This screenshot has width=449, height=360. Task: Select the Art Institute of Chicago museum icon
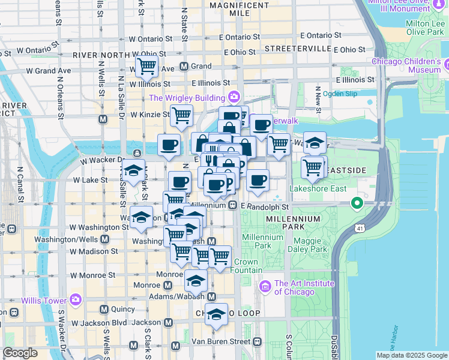point(265,287)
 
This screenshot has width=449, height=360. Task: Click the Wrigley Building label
point(187,98)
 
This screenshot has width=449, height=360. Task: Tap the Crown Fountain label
point(246,266)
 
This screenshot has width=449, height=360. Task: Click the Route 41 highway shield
point(359,229)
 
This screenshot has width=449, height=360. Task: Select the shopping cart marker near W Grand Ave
point(146,67)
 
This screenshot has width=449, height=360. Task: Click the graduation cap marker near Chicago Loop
point(216,314)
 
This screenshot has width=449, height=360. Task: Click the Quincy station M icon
point(104,310)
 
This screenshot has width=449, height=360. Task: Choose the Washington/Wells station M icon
point(105,239)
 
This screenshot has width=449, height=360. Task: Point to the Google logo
point(20,353)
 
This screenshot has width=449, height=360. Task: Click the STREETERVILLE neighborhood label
point(298,48)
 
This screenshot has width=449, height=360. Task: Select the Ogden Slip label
point(339,94)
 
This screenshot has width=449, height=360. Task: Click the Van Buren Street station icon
point(257,341)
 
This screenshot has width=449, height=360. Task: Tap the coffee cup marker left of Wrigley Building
point(169,144)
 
